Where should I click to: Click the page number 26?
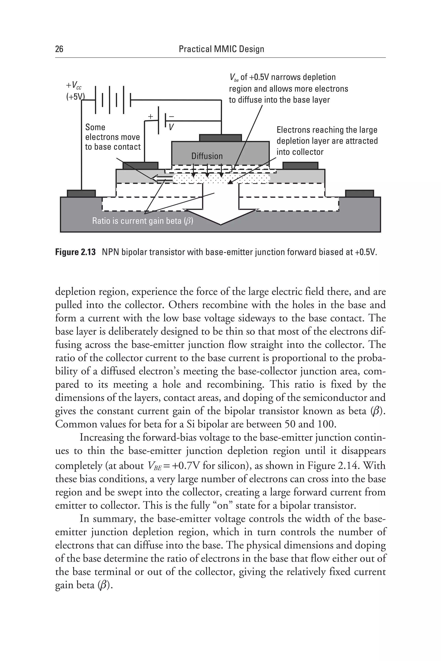(x=59, y=49)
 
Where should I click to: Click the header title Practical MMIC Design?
(x=221, y=49)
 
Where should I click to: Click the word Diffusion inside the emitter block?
(x=207, y=156)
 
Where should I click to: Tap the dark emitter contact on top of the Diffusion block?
(x=220, y=138)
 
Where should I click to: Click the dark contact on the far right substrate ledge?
(x=359, y=193)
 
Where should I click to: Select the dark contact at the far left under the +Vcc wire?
(x=81, y=193)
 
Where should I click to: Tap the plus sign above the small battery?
(x=151, y=116)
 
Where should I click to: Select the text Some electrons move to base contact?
(x=112, y=137)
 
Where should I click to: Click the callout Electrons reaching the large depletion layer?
(x=327, y=141)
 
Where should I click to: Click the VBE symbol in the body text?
(x=154, y=466)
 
